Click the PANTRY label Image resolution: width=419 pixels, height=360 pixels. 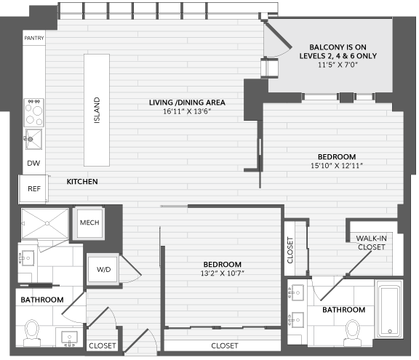coord(34,39)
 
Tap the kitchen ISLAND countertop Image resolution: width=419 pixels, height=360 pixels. coord(97,110)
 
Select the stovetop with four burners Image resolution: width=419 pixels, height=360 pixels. coord(34,113)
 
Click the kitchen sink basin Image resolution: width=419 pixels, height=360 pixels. coord(34,139)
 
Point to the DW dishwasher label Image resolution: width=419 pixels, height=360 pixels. coord(33,163)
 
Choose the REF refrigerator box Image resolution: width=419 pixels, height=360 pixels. coord(33,189)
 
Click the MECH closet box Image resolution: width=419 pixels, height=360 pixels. coord(89,223)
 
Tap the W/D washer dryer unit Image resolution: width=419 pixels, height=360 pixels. coord(103,269)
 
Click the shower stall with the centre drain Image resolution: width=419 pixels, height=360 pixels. coord(45,223)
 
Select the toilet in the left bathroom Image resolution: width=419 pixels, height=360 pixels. coord(32,332)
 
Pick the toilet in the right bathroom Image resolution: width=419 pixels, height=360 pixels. coord(353,333)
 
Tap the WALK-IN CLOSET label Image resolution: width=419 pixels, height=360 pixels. coord(372,242)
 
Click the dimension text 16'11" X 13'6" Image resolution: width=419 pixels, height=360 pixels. coord(187,111)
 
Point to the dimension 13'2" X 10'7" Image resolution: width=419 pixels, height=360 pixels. coord(223,273)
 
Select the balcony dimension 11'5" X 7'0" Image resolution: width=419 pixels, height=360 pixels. coord(338,65)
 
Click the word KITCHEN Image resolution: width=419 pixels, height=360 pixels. coord(82,182)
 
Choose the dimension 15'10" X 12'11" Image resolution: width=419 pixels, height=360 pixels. coord(337,166)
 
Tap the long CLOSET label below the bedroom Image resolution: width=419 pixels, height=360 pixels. coord(225,346)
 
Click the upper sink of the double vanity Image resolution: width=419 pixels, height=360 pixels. coord(298,292)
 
